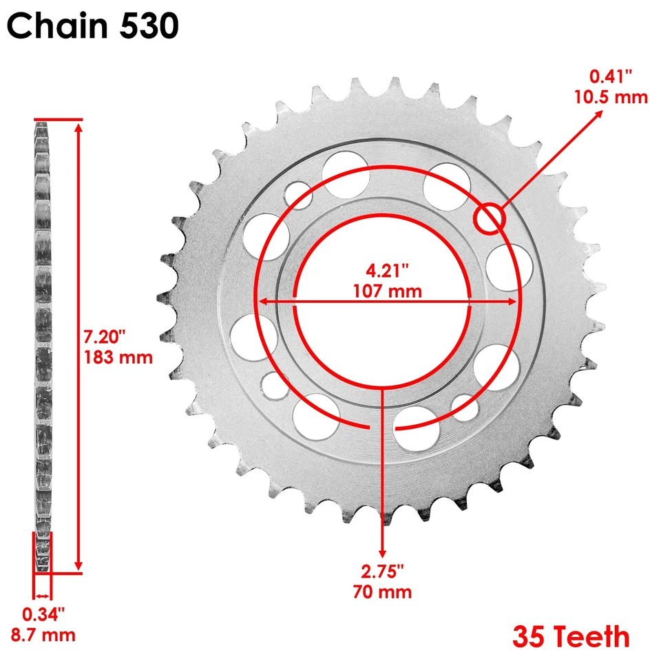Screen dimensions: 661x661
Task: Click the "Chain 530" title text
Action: click(93, 28)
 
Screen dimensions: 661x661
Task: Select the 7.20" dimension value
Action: click(104, 339)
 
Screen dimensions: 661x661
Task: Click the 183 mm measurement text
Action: click(118, 357)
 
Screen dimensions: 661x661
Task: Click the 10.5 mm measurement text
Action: click(611, 96)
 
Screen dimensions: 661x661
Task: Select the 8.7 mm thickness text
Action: click(43, 633)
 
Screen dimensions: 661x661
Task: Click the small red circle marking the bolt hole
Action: click(490, 218)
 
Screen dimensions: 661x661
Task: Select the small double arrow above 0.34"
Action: click(43, 596)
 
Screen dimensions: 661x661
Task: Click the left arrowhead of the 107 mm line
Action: click(262, 302)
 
